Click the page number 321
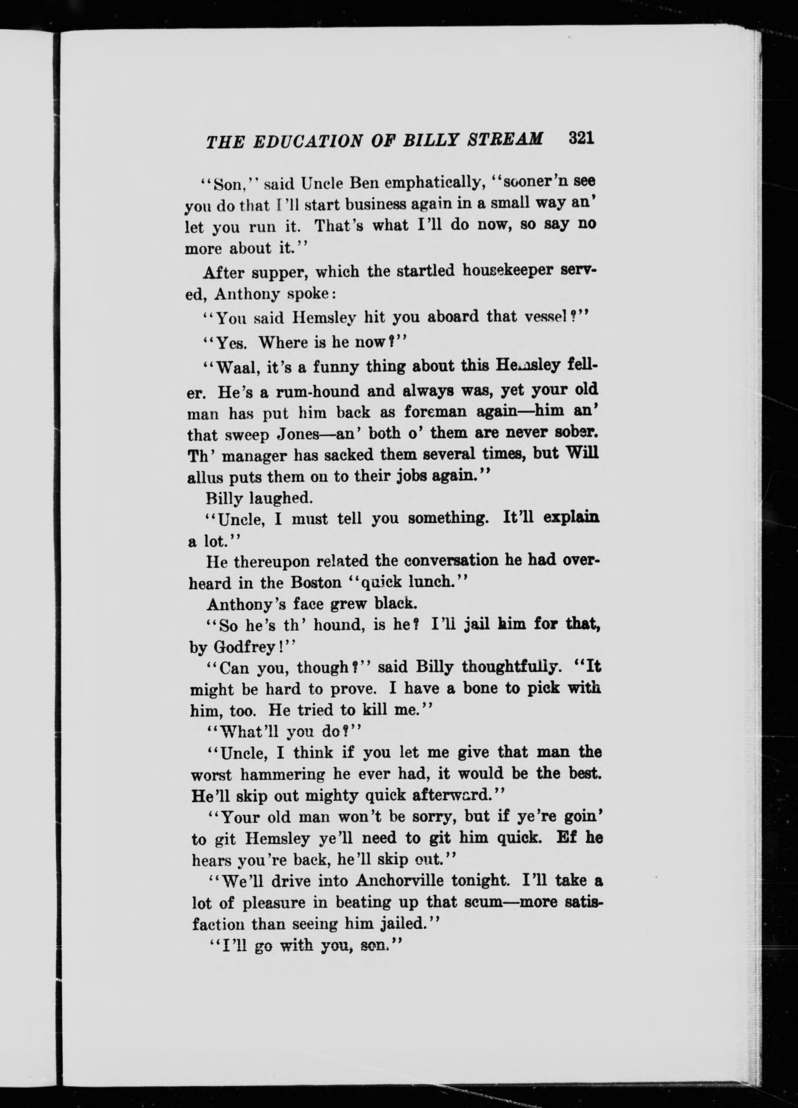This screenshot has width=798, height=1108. pyautogui.click(x=580, y=138)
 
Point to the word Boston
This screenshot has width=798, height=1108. pyautogui.click(x=316, y=583)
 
